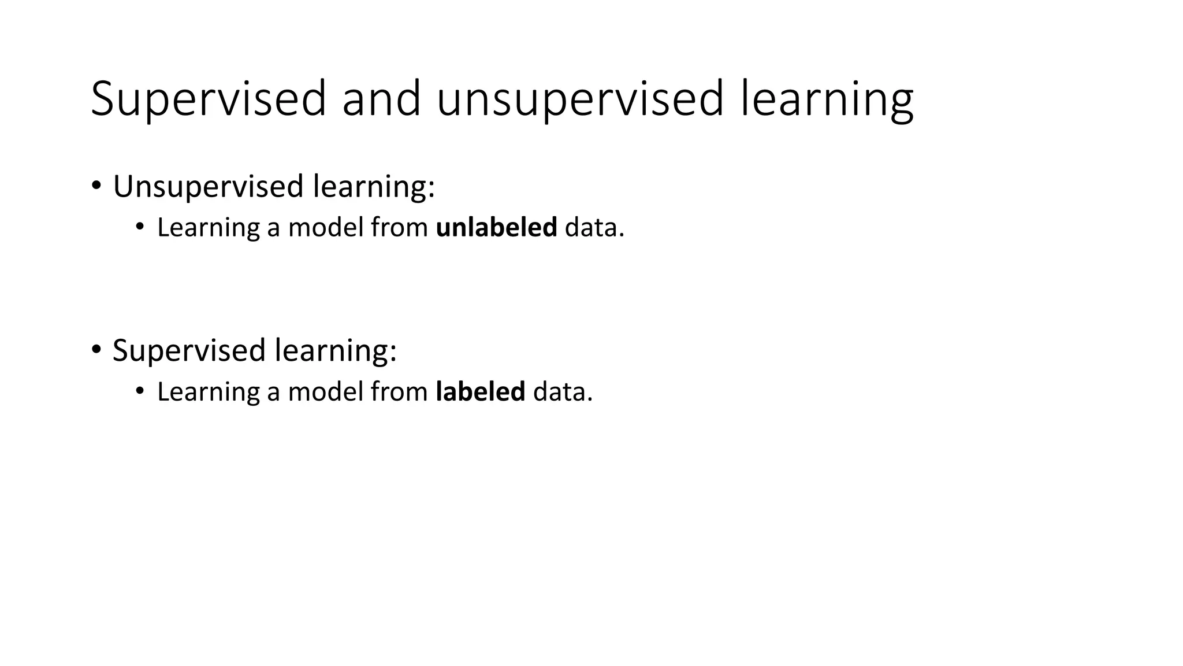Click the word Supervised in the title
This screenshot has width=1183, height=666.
[x=209, y=99]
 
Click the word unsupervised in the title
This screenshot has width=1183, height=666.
[x=579, y=99]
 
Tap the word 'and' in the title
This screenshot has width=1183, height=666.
[x=381, y=99]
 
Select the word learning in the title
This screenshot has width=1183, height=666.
[x=827, y=99]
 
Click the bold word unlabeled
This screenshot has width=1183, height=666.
[x=496, y=227]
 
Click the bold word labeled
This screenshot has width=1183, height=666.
[x=480, y=391]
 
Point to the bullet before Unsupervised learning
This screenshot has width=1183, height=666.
[x=96, y=186]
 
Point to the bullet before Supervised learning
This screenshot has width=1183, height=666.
[x=96, y=350]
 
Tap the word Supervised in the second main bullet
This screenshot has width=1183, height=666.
[x=189, y=350]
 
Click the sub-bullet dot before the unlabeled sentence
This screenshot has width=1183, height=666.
[x=139, y=227]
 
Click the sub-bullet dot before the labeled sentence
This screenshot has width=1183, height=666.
[x=139, y=391]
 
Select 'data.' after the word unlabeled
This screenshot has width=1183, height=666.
[x=594, y=227]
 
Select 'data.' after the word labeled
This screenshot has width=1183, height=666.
[x=563, y=391]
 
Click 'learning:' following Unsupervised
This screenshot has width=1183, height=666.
[x=373, y=186]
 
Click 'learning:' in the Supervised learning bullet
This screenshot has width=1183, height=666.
[x=336, y=350]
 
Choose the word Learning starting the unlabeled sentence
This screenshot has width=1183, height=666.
[x=208, y=227]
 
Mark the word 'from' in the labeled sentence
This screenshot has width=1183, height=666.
[x=399, y=391]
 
